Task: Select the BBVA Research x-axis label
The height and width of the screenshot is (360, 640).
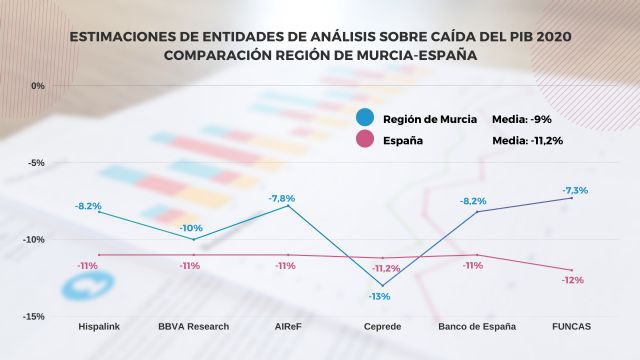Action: (x=194, y=326)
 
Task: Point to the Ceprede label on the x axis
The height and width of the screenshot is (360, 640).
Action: (x=381, y=326)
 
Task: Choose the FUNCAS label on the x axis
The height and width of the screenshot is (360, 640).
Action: (x=571, y=326)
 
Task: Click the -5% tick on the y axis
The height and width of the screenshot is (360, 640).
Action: (x=37, y=162)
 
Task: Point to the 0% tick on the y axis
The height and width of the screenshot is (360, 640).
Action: (x=39, y=86)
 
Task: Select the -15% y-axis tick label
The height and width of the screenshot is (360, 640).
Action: (x=35, y=316)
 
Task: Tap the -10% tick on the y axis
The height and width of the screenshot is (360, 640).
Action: (x=35, y=239)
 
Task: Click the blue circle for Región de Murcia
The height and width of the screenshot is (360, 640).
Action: (x=366, y=118)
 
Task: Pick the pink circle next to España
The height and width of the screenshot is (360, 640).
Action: (x=366, y=141)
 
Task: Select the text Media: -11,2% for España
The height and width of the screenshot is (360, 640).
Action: (x=528, y=141)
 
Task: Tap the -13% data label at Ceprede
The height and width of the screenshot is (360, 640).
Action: (x=379, y=296)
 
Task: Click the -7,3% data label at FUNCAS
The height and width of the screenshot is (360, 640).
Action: (x=574, y=190)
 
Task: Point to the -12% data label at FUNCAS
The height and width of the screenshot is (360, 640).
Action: (x=573, y=280)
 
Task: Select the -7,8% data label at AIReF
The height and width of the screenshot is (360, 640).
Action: (x=282, y=198)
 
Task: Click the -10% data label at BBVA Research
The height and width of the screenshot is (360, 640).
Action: (x=191, y=228)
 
